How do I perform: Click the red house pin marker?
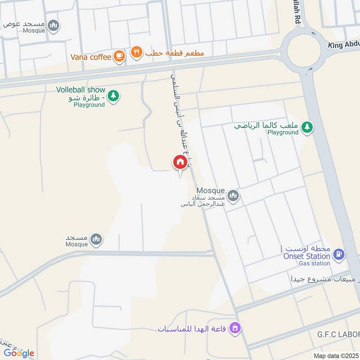[x=180, y=162]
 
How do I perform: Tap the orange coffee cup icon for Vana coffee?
[x=119, y=55]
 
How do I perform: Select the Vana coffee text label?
[x=90, y=57]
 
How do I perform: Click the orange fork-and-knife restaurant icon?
[x=135, y=52]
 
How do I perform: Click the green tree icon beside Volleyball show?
[x=113, y=95]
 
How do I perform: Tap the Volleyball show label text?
[x=81, y=90]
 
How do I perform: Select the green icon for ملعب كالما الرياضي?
[x=307, y=127]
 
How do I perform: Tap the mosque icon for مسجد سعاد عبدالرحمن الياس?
[x=233, y=196]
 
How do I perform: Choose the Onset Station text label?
[x=306, y=256]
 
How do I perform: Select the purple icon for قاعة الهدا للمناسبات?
[x=234, y=328]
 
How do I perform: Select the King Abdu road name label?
[x=343, y=45]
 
